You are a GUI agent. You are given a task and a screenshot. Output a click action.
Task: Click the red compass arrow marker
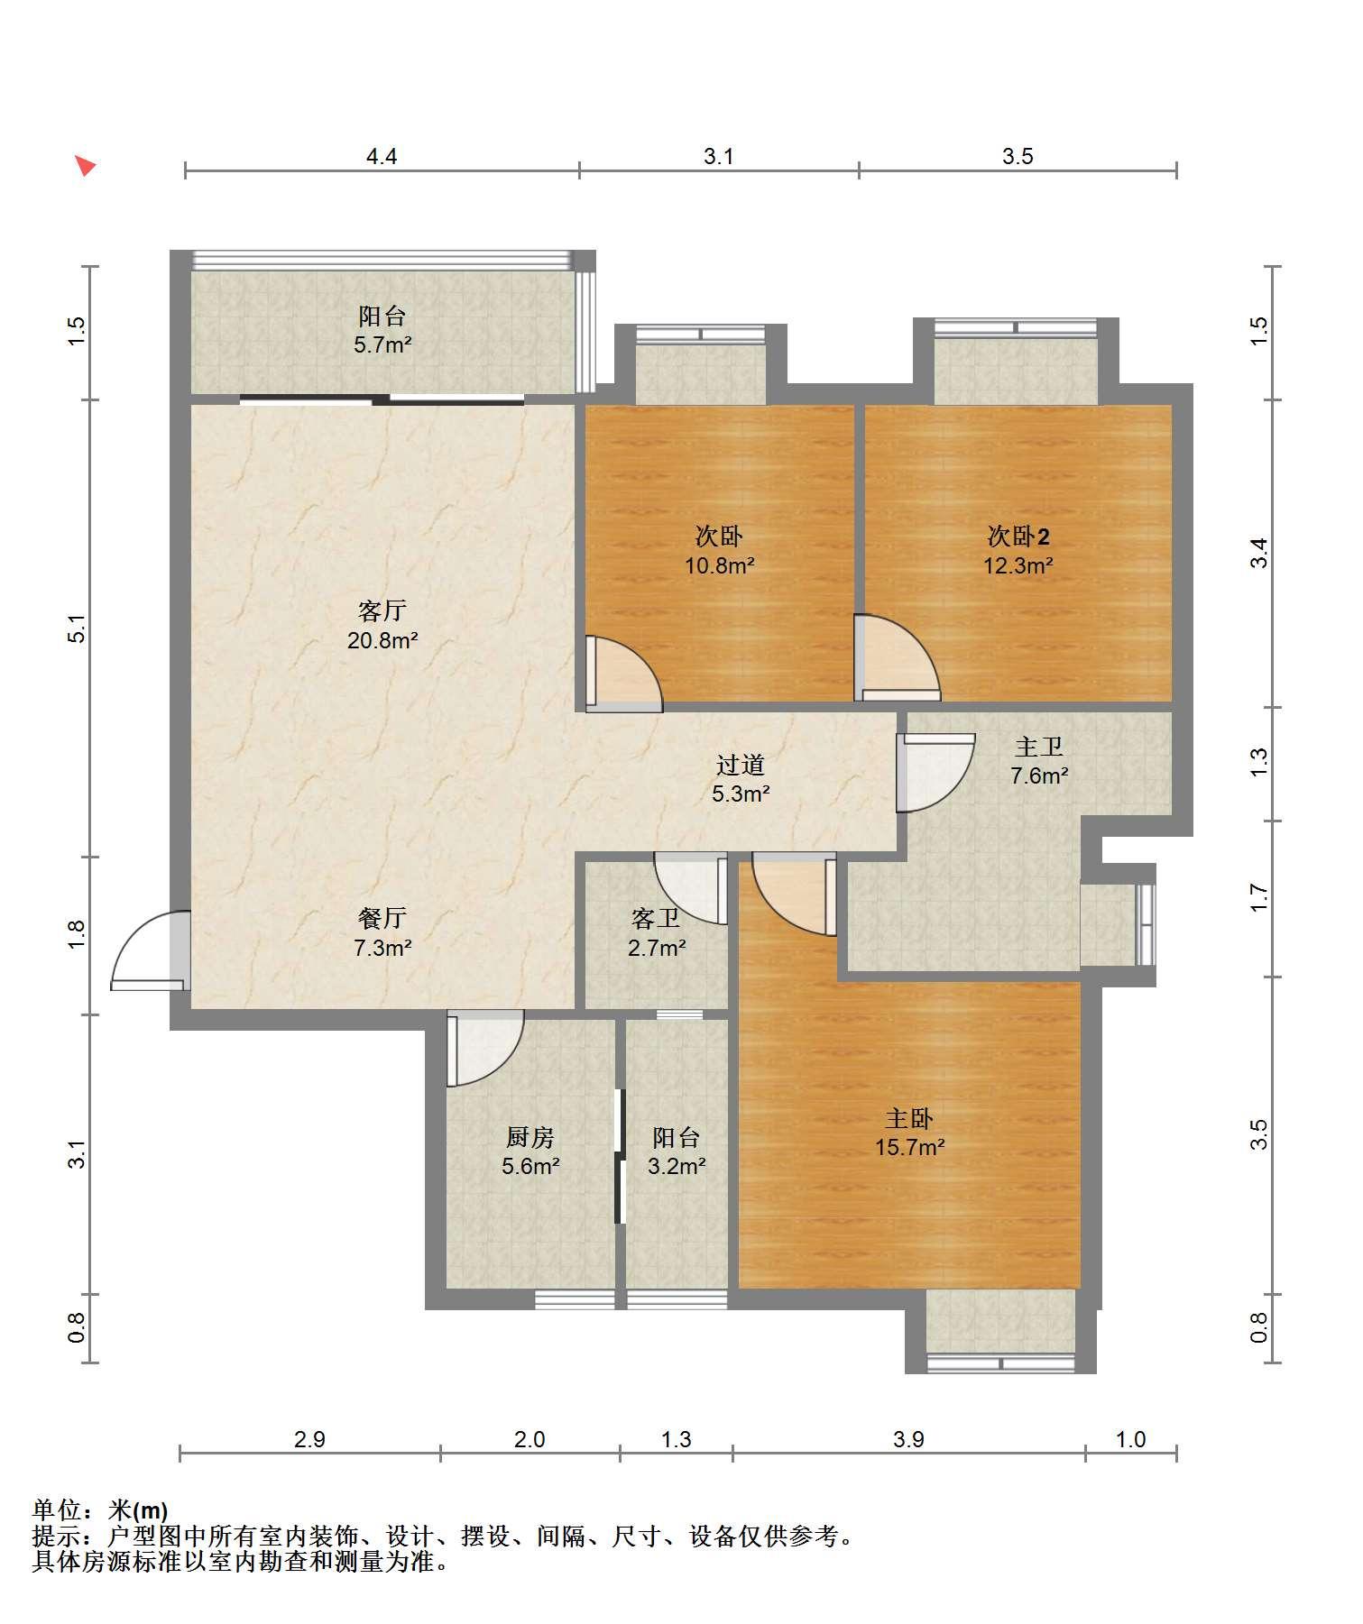click(85, 166)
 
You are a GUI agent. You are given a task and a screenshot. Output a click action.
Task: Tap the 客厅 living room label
click(382, 611)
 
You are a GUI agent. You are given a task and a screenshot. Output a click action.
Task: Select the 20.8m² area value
click(382, 641)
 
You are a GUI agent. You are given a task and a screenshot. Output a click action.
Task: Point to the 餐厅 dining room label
click(382, 918)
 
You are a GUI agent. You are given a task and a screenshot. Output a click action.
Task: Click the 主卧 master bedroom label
click(908, 1119)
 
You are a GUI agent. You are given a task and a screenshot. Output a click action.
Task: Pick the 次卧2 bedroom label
click(1018, 537)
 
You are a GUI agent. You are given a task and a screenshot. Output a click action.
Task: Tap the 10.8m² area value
click(719, 566)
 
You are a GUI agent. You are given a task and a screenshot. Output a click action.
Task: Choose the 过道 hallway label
click(741, 765)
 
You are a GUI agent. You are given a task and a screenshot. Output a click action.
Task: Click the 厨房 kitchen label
click(530, 1137)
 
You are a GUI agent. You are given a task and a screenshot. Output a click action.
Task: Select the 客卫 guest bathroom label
click(656, 919)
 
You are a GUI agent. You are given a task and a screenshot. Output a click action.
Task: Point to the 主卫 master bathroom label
click(1039, 747)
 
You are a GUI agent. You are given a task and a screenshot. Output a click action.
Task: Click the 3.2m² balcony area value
click(677, 1166)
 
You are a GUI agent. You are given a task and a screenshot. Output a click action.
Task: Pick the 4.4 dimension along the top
click(382, 157)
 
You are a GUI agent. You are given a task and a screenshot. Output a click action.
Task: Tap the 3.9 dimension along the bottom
click(908, 1439)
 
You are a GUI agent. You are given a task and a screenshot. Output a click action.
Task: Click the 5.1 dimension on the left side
click(78, 628)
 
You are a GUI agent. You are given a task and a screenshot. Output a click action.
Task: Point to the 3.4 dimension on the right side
click(1259, 553)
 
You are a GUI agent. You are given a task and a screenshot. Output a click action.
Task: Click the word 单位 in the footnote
click(57, 1509)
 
